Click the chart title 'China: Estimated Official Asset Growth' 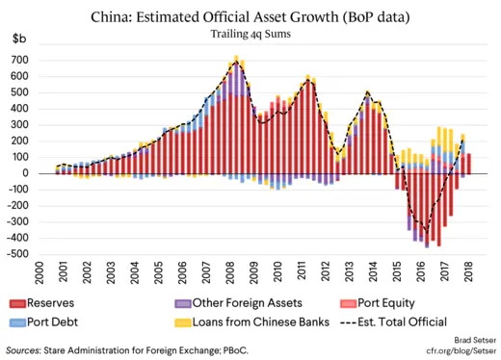coord(250,16)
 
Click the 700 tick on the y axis coord(35,60)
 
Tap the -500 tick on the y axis coord(32,254)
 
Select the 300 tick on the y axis coord(35,125)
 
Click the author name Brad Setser coord(465,341)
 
